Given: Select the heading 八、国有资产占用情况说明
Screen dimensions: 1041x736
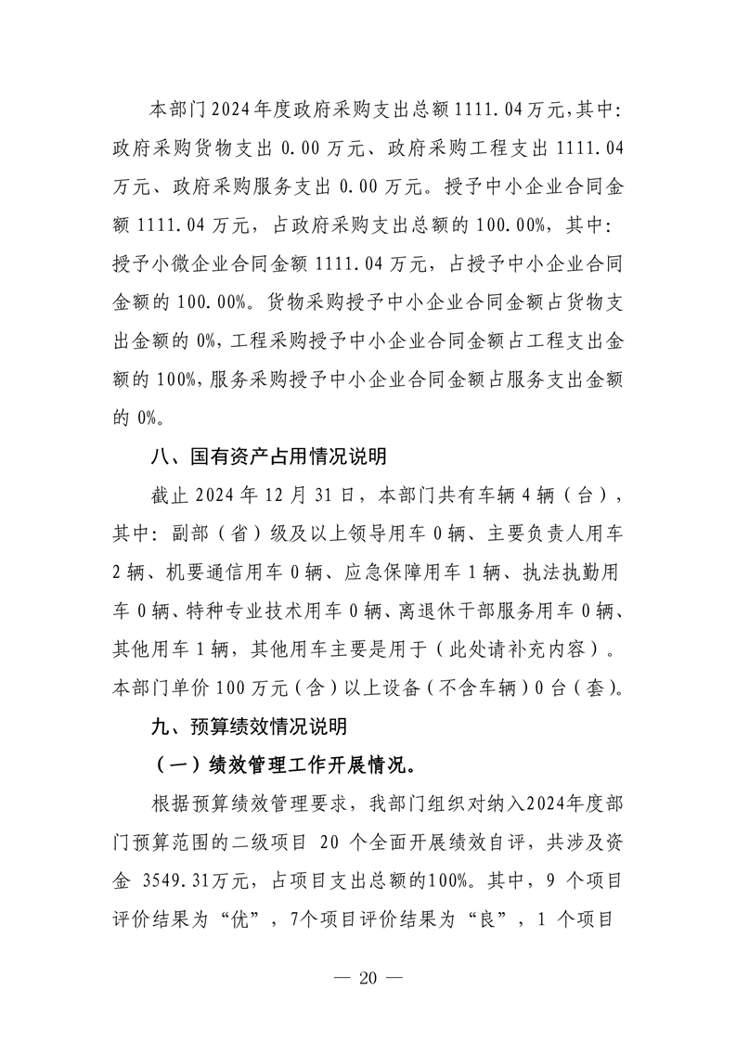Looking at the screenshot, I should coord(268,457).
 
